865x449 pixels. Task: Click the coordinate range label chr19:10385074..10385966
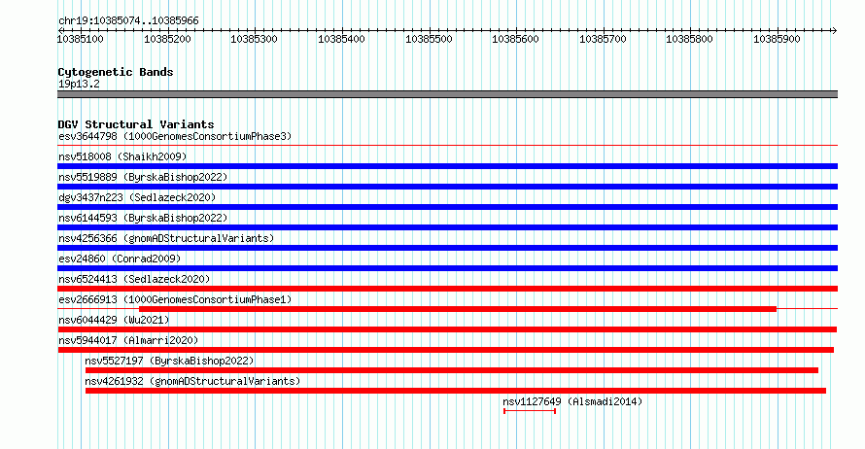[x=128, y=21]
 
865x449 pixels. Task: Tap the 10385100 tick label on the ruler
[x=80, y=39]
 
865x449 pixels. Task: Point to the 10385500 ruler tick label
[x=429, y=39]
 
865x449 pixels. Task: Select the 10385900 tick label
[x=777, y=39]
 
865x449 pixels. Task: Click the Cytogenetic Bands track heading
[x=116, y=72]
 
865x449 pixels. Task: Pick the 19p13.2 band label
[x=79, y=84]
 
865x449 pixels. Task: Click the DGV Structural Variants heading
[x=136, y=124]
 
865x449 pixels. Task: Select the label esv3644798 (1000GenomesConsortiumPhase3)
[x=175, y=136]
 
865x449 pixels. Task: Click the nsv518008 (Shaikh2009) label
[x=122, y=156]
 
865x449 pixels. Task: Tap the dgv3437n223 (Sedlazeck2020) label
[x=137, y=197]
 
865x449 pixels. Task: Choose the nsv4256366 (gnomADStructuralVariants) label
[x=166, y=238]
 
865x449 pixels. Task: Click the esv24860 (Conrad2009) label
[x=120, y=259]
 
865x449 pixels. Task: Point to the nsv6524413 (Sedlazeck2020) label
[x=134, y=279]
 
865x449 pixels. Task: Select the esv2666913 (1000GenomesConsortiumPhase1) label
[x=175, y=299]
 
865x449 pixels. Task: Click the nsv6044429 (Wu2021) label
[x=114, y=320]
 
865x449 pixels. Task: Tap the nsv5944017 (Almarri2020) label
[x=128, y=340]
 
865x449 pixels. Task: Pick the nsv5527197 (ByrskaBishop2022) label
[x=169, y=361]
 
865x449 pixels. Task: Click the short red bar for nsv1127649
[x=530, y=411]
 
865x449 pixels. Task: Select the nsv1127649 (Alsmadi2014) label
[x=572, y=401]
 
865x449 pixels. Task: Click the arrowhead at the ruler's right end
[x=835, y=31]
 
